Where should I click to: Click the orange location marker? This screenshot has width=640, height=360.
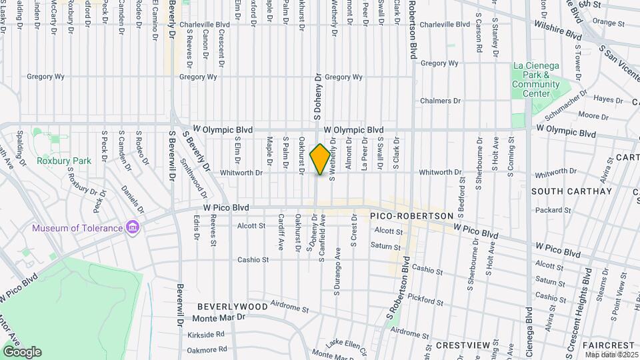(x=321, y=159)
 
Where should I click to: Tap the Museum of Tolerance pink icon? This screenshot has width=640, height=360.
(x=133, y=228)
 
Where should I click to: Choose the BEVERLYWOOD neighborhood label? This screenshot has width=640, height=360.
(x=232, y=307)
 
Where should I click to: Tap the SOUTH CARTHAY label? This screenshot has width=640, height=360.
(x=571, y=191)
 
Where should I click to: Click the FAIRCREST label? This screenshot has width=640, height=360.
(x=608, y=345)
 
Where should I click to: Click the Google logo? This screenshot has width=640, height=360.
(x=22, y=351)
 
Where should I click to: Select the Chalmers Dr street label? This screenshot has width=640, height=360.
(x=441, y=101)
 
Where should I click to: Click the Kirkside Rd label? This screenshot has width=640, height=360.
(x=205, y=334)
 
